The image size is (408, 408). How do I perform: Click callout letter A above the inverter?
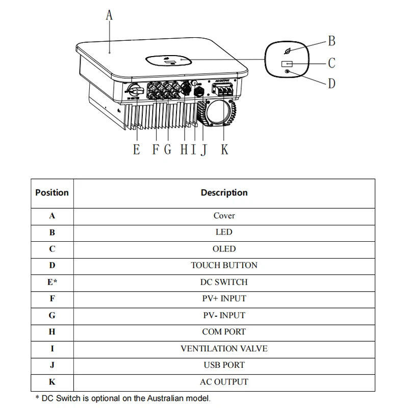point(109,15)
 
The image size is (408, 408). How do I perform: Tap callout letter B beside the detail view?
point(331,41)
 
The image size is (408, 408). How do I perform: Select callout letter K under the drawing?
point(224,149)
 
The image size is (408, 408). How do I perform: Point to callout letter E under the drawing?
point(136,149)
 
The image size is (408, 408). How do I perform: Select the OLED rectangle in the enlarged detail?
point(287,63)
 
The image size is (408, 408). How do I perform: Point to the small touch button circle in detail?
point(288,72)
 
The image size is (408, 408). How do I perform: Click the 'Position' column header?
point(52,193)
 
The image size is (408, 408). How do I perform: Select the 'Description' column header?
point(224,193)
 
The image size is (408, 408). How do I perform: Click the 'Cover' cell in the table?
point(224,216)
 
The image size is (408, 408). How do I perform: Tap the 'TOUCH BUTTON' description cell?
point(224,265)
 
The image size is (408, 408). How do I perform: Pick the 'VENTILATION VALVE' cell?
point(224,349)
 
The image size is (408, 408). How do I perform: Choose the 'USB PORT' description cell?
point(224,365)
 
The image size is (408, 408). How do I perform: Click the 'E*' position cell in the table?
point(52,282)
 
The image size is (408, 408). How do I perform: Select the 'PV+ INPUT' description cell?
point(224,298)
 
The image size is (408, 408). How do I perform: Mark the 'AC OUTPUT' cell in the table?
point(224,381)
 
